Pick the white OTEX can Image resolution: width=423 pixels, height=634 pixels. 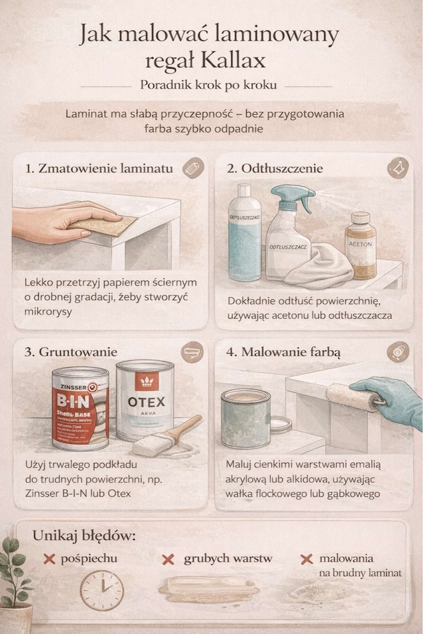tap(145, 400)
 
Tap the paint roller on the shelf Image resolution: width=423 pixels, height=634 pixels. tap(352, 396)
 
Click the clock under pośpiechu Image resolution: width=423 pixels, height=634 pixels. tap(101, 590)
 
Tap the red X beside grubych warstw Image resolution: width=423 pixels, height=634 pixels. tap(168, 560)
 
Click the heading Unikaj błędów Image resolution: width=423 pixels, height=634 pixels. tap(84, 536)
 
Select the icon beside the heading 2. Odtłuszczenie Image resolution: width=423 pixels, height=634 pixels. tap(397, 168)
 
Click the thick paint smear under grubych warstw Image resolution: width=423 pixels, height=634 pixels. tap(209, 589)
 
